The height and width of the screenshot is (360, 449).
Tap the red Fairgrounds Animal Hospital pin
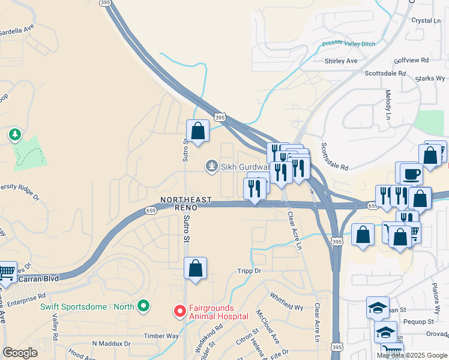pyautogui.click(x=179, y=311)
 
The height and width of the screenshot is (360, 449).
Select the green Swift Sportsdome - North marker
pyautogui.click(x=143, y=307)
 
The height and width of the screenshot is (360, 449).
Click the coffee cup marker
pyautogui.click(x=412, y=174)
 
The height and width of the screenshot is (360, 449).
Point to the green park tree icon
pyautogui.click(x=14, y=135)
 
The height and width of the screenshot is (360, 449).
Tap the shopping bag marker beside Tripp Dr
pyautogui.click(x=196, y=269)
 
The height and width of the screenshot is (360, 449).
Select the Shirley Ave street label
pyautogui.click(x=340, y=61)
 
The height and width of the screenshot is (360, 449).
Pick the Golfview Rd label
pyautogui.click(x=412, y=61)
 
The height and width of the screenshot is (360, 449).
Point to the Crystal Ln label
pyautogui.click(x=426, y=20)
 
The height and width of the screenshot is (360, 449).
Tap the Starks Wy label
pyautogui.click(x=431, y=79)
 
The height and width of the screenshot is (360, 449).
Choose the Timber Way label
pyautogui.click(x=161, y=337)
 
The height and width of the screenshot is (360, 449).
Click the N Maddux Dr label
pyautogui.click(x=111, y=344)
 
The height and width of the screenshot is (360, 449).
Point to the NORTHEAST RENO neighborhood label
pyautogui.click(x=178, y=203)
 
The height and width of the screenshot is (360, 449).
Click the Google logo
pyautogui.click(x=20, y=353)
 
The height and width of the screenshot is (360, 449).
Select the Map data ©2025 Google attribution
pyautogui.click(x=411, y=355)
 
